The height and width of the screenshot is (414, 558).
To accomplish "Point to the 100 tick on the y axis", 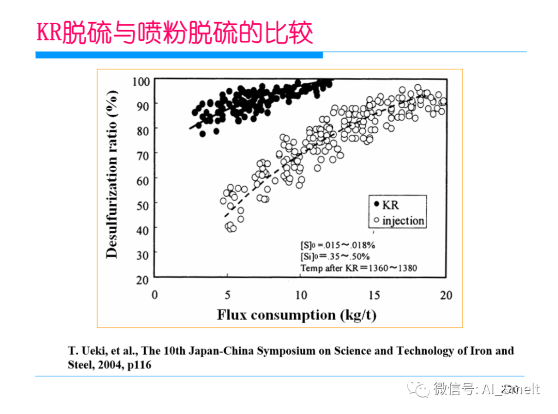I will point(141,81).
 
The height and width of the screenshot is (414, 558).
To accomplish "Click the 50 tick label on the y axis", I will point(142,205).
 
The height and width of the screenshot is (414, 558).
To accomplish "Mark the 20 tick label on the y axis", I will point(142,279).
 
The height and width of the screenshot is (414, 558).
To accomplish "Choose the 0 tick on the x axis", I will point(154,295).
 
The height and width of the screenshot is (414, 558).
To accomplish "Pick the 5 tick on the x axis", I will point(227,295).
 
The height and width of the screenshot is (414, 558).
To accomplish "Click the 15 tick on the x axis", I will point(374,295).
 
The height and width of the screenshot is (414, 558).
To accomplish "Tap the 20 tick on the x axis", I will point(446,295).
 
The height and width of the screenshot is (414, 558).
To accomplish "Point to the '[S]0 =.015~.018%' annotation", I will point(338,245).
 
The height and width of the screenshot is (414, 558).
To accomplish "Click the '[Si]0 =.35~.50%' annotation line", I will point(335,257).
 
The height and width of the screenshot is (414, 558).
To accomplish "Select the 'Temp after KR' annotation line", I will point(359,268).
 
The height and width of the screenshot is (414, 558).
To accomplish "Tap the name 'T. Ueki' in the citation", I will point(87,351).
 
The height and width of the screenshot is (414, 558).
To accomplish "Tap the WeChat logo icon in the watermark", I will point(420,388).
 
